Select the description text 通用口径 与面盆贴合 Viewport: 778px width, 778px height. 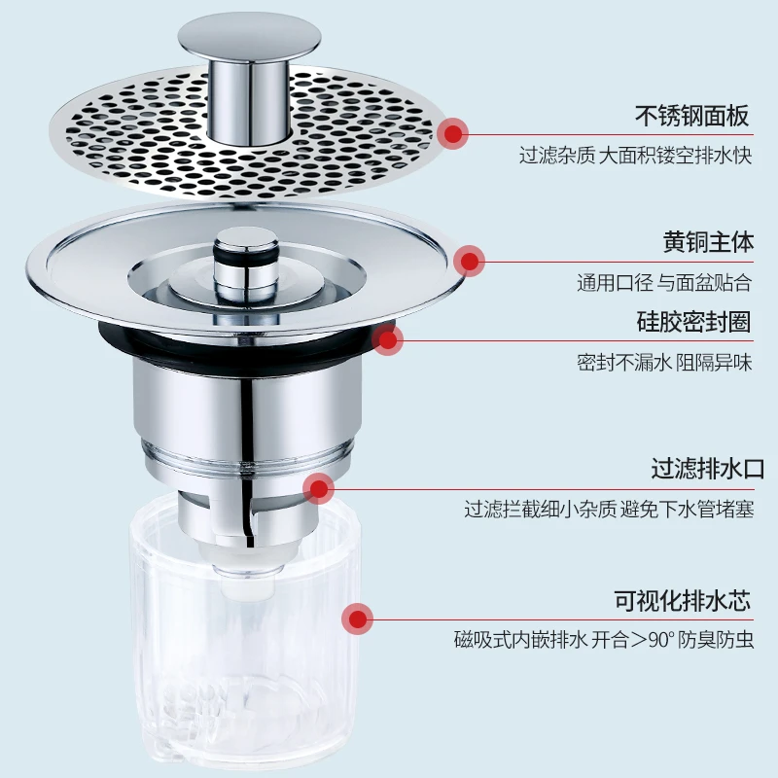(664, 284)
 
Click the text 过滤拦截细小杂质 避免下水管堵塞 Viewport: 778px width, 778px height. (609, 509)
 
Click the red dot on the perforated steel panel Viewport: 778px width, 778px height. (453, 133)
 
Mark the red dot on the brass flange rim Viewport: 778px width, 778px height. (471, 260)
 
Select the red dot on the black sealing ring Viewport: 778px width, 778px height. (388, 339)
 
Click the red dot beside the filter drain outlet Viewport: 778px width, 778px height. (317, 487)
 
